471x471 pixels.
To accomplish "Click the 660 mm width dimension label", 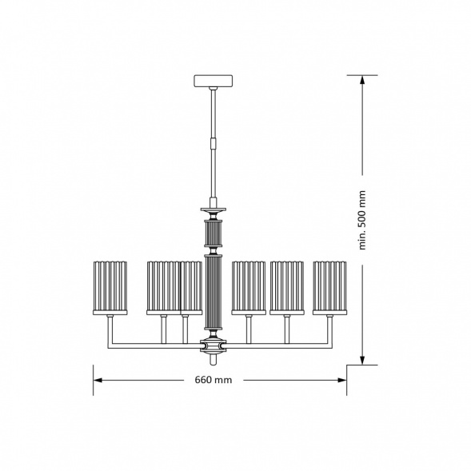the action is coord(214,380).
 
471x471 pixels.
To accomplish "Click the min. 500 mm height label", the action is coord(362,220).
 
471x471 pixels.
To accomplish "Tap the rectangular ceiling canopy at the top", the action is coord(214,81).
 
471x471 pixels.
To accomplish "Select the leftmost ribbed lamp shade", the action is coord(110,288).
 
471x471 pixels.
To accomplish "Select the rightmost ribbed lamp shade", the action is coord(329,288).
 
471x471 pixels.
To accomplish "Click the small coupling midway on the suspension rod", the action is coord(214,143).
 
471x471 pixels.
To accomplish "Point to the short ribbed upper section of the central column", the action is coord(214,234).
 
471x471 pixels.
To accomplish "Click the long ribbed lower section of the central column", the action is coord(214,292).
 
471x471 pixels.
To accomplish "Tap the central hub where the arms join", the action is coord(214,346).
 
